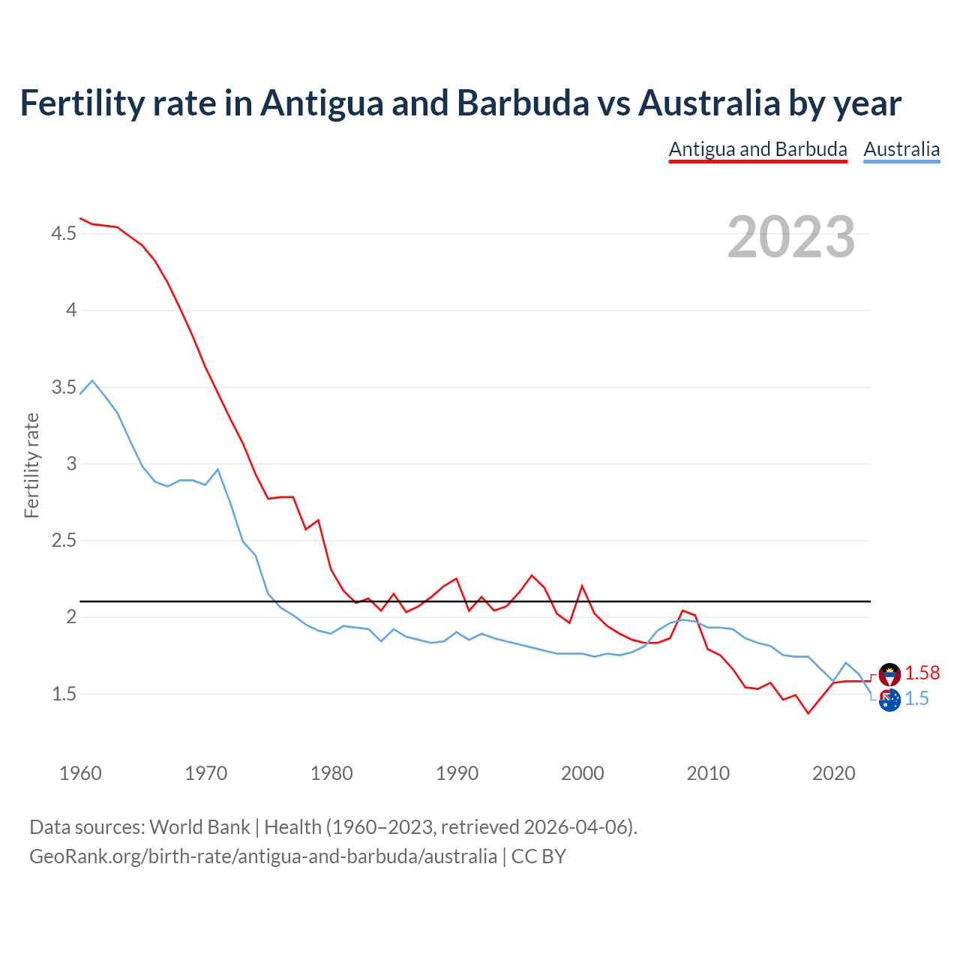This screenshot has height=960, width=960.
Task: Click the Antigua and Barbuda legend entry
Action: pos(757,149)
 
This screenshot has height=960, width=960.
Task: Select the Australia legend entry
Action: pos(901,149)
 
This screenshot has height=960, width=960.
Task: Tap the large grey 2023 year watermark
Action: pos(791,237)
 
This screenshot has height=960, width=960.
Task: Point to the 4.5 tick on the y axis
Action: pos(64,234)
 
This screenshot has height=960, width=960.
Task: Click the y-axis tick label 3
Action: pos(72,463)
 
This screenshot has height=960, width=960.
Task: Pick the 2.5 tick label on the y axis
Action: pos(64,540)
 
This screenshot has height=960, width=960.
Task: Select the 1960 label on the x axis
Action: pos(80,773)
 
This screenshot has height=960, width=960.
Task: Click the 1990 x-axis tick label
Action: pos(457,773)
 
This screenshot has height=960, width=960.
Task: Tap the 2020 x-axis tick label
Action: pos(833,773)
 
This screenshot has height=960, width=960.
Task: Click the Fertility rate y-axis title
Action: pos(31,465)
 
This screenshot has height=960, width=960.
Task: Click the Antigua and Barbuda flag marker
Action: pos(889,674)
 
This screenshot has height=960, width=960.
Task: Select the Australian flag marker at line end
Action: pos(889,700)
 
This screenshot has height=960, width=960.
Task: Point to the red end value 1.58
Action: pos(922,673)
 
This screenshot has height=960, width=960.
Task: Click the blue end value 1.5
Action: pos(916,698)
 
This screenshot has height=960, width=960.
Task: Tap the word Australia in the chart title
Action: pos(709,103)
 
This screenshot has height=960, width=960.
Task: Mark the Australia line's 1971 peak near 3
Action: pos(217,469)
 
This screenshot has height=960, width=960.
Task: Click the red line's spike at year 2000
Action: pos(582,586)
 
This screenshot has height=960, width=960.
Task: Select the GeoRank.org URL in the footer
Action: pos(262,856)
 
